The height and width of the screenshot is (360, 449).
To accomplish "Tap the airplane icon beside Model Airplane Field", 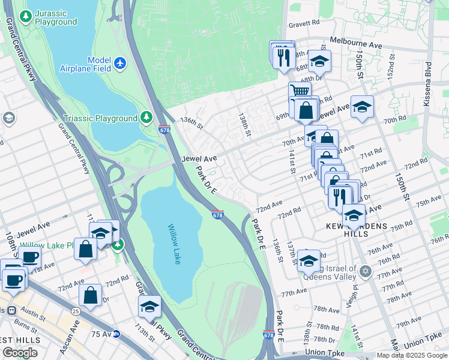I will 120,62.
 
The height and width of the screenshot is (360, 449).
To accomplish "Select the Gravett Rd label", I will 304,23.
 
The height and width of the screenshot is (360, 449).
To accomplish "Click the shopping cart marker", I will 300,91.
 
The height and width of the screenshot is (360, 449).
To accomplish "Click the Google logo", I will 20,353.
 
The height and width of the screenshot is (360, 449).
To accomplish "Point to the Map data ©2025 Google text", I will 411,355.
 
